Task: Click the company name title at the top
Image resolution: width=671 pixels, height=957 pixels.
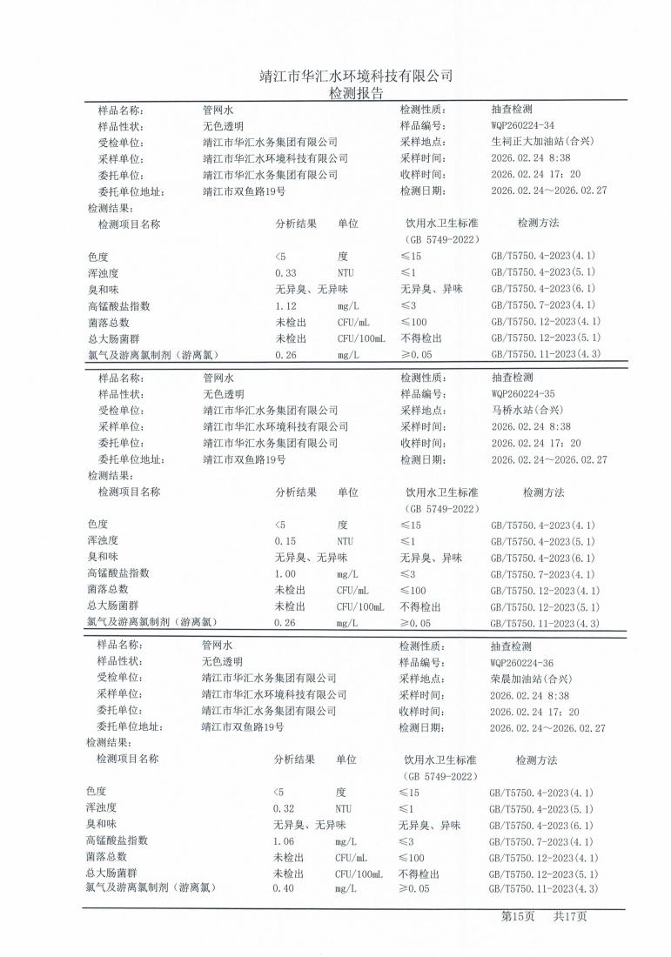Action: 356,76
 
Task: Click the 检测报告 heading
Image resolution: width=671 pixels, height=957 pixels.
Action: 356,93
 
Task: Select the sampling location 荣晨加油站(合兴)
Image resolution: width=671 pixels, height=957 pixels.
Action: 531,679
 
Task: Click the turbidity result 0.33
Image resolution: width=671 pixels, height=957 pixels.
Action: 285,273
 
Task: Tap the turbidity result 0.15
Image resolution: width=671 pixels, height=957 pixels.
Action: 285,541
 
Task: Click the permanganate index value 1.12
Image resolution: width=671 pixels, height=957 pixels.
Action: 286,306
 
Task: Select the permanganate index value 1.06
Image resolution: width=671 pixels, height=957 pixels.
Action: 285,841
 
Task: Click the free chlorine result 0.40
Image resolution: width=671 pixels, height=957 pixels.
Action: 284,888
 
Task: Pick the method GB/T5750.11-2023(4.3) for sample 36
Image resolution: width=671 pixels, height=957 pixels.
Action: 543,888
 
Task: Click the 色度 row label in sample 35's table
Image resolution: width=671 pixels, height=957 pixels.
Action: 97,525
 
